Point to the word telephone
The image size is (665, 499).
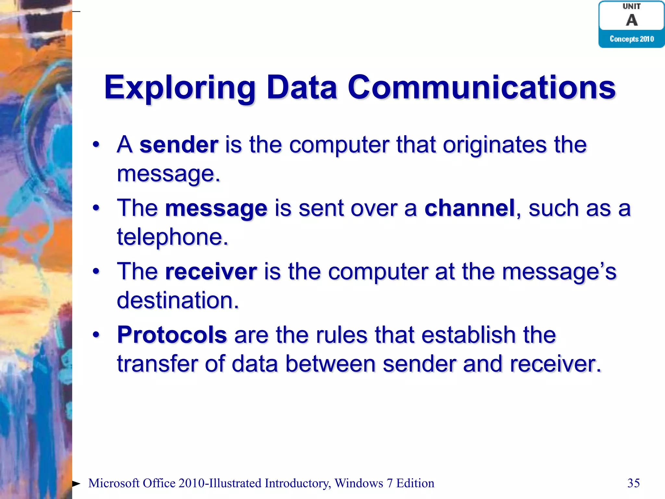point(172,237)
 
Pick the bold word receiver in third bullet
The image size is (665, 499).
point(211,271)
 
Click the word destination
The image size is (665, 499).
point(177,300)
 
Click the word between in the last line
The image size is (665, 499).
point(330,364)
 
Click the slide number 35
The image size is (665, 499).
point(634,483)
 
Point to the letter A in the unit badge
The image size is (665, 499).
point(632,20)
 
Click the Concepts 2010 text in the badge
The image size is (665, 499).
point(632,39)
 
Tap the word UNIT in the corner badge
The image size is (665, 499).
point(632,6)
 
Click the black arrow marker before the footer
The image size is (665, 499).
point(76,484)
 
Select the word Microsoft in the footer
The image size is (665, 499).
point(114,483)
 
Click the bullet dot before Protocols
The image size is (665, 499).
point(96,335)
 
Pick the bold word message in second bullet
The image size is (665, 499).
point(216,209)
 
